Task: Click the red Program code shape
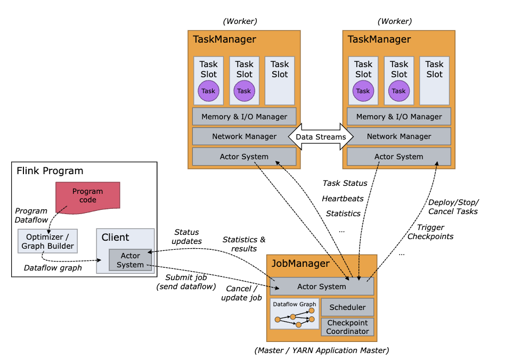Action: coord(88,195)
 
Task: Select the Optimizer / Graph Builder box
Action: coord(47,241)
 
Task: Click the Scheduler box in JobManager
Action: coord(347,307)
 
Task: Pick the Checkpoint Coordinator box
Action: coord(347,327)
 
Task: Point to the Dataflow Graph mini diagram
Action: coord(295,314)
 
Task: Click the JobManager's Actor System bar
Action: coord(322,287)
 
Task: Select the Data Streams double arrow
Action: coord(321,137)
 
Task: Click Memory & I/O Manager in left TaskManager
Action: coord(244,117)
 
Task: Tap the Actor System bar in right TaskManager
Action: coord(398,157)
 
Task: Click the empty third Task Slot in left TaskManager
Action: coord(280,80)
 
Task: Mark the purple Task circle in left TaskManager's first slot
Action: coord(208,91)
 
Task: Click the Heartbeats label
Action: coord(343,199)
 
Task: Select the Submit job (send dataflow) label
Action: coord(185,282)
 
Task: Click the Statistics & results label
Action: coord(243,244)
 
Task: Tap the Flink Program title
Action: coord(50,171)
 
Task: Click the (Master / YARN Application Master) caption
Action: coord(322,350)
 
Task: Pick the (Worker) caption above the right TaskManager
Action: coord(395,21)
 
